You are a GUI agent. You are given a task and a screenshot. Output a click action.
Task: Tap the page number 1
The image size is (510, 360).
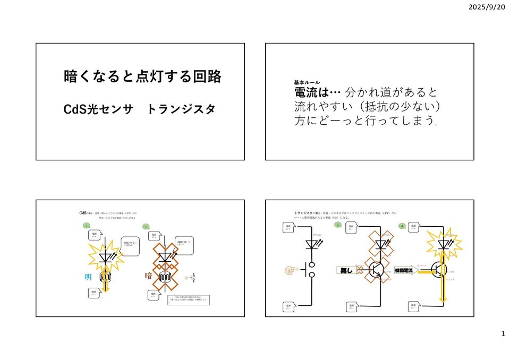(503, 333)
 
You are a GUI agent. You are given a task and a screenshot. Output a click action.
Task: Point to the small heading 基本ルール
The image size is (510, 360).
(308, 83)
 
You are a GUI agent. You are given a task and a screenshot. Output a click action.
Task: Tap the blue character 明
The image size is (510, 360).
(89, 277)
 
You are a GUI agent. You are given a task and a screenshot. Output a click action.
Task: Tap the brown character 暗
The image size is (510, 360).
(149, 276)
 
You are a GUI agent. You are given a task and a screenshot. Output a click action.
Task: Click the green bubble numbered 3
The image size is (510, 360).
(338, 225)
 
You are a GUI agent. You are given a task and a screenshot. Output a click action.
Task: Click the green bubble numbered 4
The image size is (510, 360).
(402, 226)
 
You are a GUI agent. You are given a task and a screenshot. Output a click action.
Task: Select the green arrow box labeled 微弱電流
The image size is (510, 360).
(406, 270)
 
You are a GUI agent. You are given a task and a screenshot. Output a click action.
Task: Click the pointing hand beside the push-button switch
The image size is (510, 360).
(291, 270)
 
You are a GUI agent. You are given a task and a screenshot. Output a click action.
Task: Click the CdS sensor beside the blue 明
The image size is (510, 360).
(106, 277)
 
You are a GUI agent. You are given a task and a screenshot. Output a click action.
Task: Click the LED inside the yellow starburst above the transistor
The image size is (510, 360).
(444, 244)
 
